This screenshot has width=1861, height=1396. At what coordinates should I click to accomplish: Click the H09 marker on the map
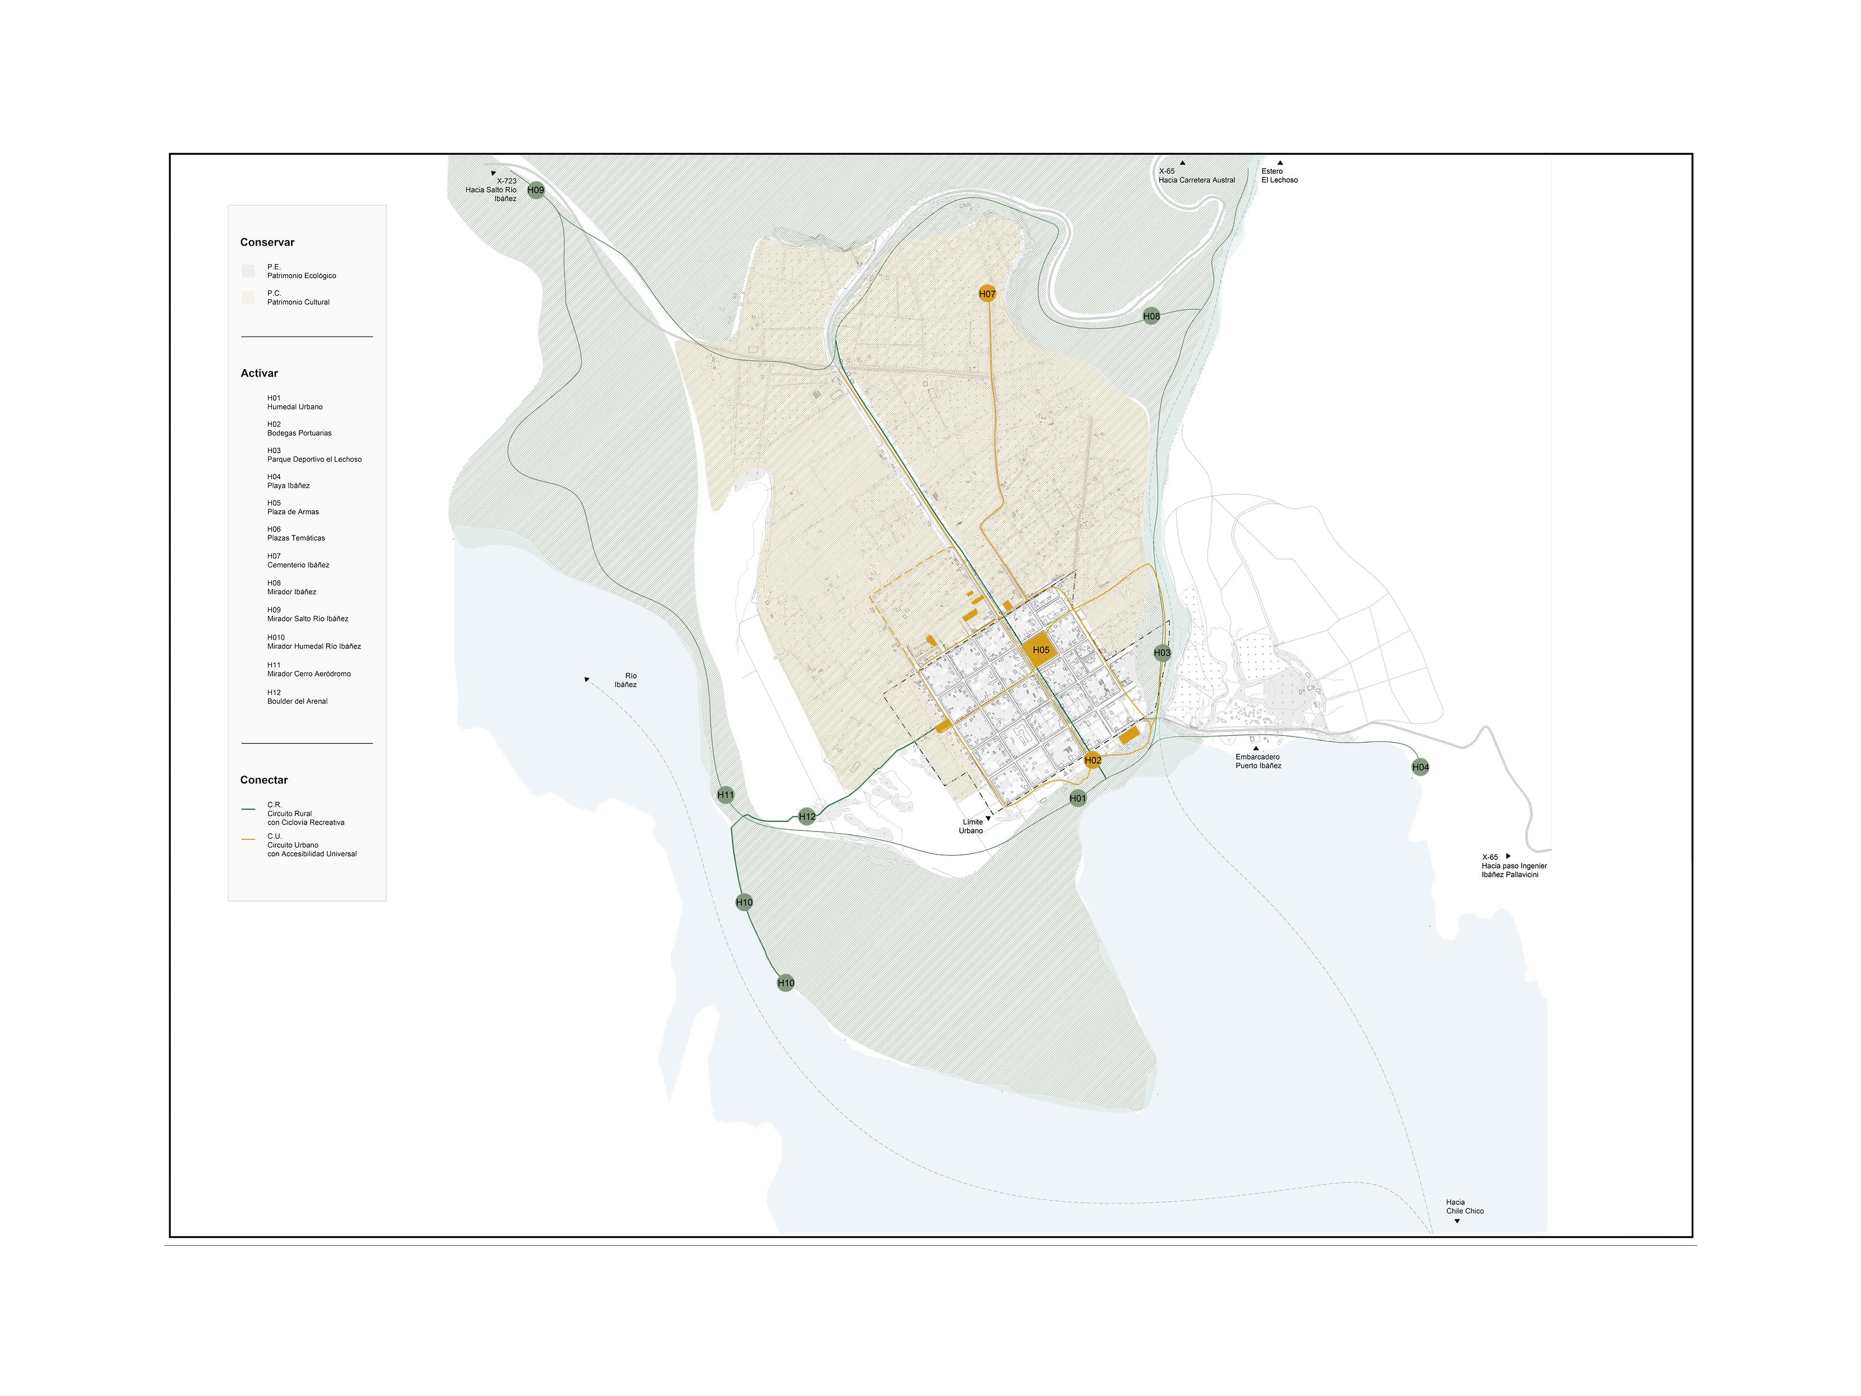536,190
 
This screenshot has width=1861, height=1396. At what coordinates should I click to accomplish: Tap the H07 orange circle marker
987,294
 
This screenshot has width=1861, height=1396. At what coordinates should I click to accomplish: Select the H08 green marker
1151,317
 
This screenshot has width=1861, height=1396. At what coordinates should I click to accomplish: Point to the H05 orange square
1041,649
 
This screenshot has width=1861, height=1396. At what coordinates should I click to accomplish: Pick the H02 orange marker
1092,761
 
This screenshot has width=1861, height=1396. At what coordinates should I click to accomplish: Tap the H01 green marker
1078,799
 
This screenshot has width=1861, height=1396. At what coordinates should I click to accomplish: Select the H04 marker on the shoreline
1420,767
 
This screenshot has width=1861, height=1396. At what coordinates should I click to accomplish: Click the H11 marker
725,795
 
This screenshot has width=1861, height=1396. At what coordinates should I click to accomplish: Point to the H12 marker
807,816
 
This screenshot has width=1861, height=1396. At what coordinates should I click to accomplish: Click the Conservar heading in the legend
267,242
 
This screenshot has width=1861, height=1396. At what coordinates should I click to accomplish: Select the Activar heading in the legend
259,374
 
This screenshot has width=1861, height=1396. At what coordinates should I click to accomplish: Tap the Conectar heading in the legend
264,780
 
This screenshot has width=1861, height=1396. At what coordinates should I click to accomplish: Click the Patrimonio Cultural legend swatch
248,298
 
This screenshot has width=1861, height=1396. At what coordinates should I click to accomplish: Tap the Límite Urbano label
972,826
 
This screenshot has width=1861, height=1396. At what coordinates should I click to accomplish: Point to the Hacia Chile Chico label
1465,1207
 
